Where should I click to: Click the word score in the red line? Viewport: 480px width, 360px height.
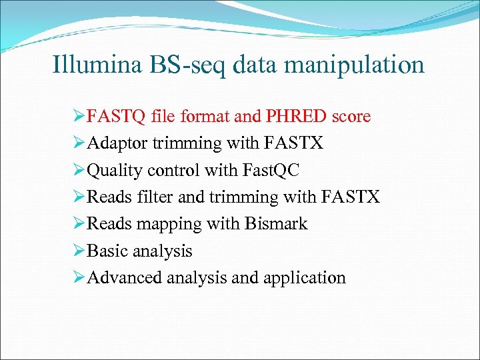pos(351,117)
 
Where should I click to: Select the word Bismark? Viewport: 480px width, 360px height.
pos(275,223)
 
